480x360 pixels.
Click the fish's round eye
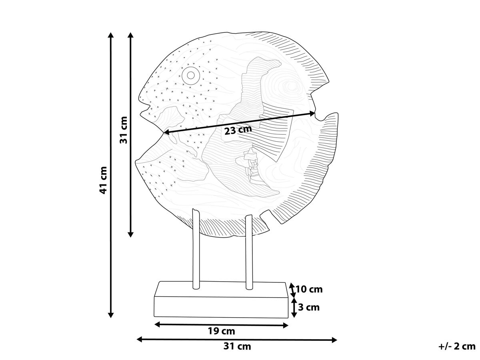tap(191, 76)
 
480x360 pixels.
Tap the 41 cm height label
tap(103, 180)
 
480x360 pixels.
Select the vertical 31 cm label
tap(124, 130)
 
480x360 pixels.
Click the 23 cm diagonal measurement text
tap(238, 130)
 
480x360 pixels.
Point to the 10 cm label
tap(309, 289)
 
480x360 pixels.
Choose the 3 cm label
tap(309, 307)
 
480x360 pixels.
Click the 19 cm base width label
tap(221, 331)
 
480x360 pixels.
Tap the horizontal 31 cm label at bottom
tap(237, 346)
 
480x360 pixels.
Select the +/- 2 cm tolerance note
tap(457, 346)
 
